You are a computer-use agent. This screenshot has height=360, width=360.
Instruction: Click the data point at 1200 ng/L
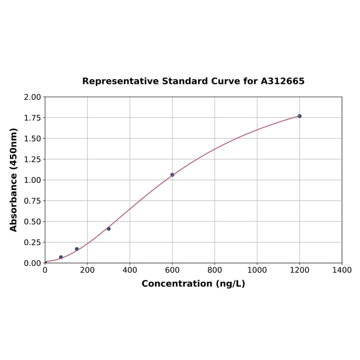click(299, 116)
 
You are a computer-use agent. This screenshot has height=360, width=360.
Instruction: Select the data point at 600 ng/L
click(172, 175)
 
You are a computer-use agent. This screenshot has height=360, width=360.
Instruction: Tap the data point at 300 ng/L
click(108, 229)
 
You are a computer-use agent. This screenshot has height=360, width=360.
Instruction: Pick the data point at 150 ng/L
click(77, 249)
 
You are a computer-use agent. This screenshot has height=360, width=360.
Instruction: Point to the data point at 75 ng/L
click(61, 257)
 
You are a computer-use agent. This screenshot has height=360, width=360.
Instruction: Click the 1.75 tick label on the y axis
click(32, 118)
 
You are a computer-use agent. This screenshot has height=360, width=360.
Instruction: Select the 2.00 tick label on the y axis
click(32, 97)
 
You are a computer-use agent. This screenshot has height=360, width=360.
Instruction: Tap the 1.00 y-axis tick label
click(32, 180)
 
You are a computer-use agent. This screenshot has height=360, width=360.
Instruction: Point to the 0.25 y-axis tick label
click(32, 242)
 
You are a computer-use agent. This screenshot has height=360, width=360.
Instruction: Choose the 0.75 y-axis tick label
click(32, 201)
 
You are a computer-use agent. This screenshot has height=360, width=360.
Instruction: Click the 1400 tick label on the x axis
click(342, 270)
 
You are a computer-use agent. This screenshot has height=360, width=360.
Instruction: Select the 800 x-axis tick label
click(214, 270)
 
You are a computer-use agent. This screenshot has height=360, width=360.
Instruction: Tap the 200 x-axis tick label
click(87, 270)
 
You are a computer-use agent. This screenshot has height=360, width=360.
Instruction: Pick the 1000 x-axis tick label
click(257, 270)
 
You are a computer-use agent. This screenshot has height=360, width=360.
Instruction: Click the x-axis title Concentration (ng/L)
click(193, 284)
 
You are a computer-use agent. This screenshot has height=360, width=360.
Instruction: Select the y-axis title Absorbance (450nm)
click(14, 180)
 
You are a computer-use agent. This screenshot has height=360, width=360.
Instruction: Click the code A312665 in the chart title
click(282, 81)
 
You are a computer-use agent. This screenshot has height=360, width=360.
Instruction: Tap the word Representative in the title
click(120, 81)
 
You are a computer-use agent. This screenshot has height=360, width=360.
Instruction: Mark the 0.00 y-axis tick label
click(32, 263)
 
